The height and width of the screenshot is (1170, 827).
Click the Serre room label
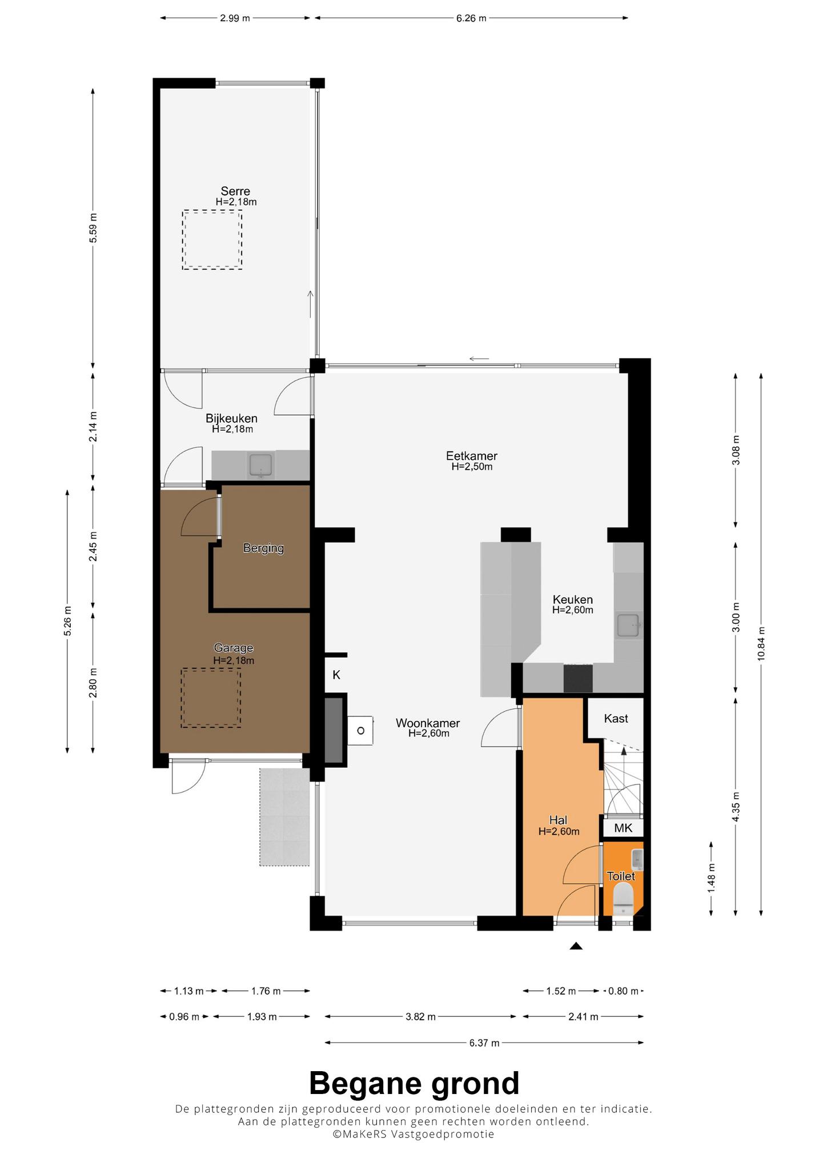235,191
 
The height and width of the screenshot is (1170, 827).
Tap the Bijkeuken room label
232,419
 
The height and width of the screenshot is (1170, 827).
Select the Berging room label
263,548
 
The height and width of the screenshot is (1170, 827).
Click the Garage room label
234,648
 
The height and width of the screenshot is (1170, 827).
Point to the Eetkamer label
472,456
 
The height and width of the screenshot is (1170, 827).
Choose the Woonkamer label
428,723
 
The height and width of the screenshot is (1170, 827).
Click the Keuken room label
573,599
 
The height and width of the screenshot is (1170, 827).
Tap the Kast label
616,718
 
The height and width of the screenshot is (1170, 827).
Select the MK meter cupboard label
623,828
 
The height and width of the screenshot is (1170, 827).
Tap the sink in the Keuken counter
629,625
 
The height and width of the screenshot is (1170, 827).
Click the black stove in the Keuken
578,678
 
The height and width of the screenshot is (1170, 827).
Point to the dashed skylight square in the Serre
212,240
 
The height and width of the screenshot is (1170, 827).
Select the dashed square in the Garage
211,698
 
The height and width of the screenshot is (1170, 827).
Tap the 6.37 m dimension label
484,1043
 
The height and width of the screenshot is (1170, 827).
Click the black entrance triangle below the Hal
576,946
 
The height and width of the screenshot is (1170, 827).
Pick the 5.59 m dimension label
94,228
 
